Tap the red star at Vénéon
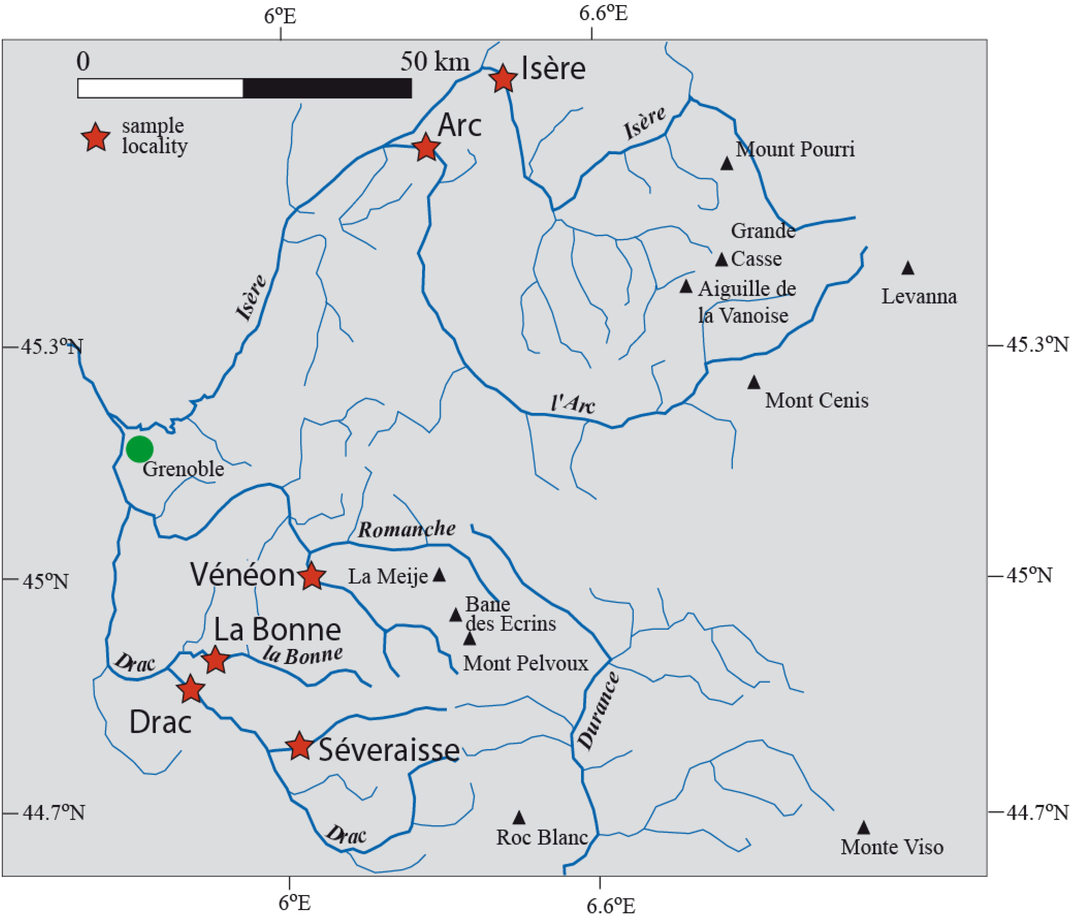point(312,576)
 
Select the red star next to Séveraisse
point(299,746)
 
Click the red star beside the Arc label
point(426,147)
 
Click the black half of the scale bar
point(327,88)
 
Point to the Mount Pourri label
point(795,149)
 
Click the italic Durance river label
point(598,710)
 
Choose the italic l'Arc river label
point(573,403)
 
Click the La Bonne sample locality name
point(277,630)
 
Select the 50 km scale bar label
point(435,62)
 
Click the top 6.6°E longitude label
point(603,13)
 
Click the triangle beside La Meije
point(439,575)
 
